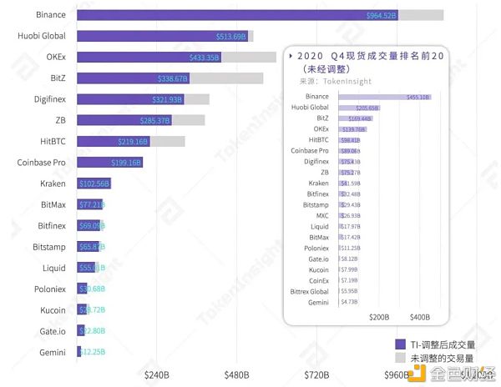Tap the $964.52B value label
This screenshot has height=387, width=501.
tap(382, 15)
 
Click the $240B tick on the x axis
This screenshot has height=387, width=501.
tap(159, 374)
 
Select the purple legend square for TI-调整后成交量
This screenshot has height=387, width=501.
tap(399, 343)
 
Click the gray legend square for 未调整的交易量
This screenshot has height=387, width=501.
tap(399, 357)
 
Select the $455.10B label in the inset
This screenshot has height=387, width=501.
tap(417, 97)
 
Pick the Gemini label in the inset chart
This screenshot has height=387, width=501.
tap(318, 302)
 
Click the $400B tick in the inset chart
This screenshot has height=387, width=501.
tap(420, 318)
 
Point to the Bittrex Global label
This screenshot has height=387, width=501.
tap(309, 291)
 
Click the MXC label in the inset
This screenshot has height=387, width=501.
tap(322, 215)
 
